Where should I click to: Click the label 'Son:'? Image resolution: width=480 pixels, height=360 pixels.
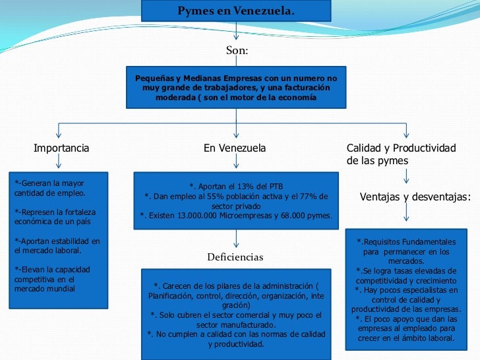click(237, 50)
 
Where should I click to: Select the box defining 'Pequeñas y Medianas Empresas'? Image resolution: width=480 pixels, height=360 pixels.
click(236, 87)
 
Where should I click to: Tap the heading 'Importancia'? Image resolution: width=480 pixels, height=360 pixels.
click(61, 148)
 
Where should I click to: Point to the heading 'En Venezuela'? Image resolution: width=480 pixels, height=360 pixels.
click(235, 148)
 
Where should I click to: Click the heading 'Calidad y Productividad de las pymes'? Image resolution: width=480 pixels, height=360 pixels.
click(401, 154)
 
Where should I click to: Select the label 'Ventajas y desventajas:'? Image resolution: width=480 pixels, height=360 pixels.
click(415, 196)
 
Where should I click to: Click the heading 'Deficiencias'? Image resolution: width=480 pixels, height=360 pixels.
click(235, 257)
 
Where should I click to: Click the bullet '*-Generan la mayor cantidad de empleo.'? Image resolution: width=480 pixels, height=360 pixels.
click(50, 188)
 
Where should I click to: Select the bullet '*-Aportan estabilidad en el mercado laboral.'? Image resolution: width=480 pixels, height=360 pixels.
click(57, 245)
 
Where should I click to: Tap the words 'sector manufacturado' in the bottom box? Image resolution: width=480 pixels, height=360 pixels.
click(235, 325)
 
